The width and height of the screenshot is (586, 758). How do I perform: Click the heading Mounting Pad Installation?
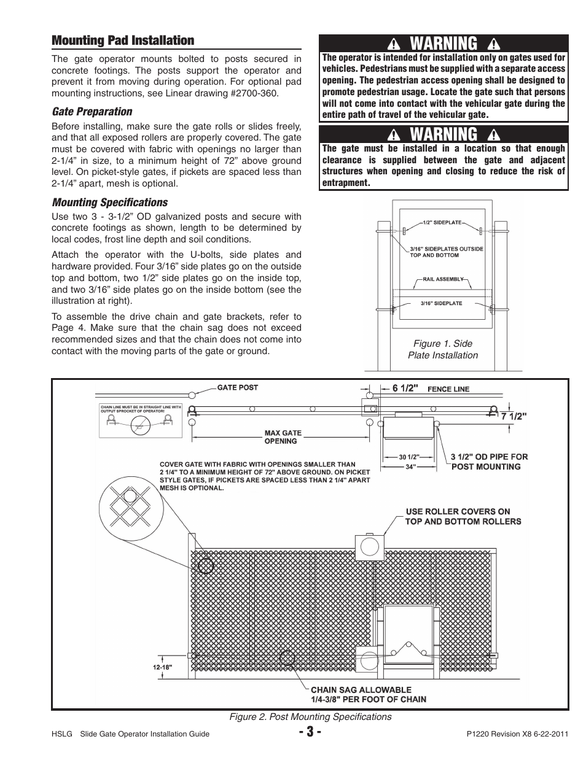(123, 41)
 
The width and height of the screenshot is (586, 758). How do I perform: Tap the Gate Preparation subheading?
(92, 112)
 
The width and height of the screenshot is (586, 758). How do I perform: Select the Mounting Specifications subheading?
(109, 203)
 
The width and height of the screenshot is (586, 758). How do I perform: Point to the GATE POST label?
(237, 387)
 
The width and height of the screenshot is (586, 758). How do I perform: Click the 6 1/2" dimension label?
(405, 389)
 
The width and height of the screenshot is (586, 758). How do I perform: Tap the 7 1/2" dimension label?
(514, 416)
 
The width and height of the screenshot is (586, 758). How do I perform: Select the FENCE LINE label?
(448, 389)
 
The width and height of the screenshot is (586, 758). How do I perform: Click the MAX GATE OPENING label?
(283, 437)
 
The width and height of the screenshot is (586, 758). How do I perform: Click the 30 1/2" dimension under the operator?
(409, 457)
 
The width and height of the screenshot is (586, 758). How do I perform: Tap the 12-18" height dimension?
(163, 667)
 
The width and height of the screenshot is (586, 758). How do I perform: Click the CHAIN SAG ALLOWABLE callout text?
(369, 695)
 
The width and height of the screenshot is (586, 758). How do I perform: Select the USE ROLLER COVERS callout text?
(463, 516)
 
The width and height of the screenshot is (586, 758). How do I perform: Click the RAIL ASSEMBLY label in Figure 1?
(443, 279)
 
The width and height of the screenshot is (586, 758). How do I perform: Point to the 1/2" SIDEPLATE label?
(442, 222)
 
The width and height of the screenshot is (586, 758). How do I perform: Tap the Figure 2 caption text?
(310, 716)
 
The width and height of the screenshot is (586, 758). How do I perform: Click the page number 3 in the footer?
(310, 732)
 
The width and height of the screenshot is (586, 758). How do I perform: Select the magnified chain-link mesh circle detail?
(131, 508)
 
